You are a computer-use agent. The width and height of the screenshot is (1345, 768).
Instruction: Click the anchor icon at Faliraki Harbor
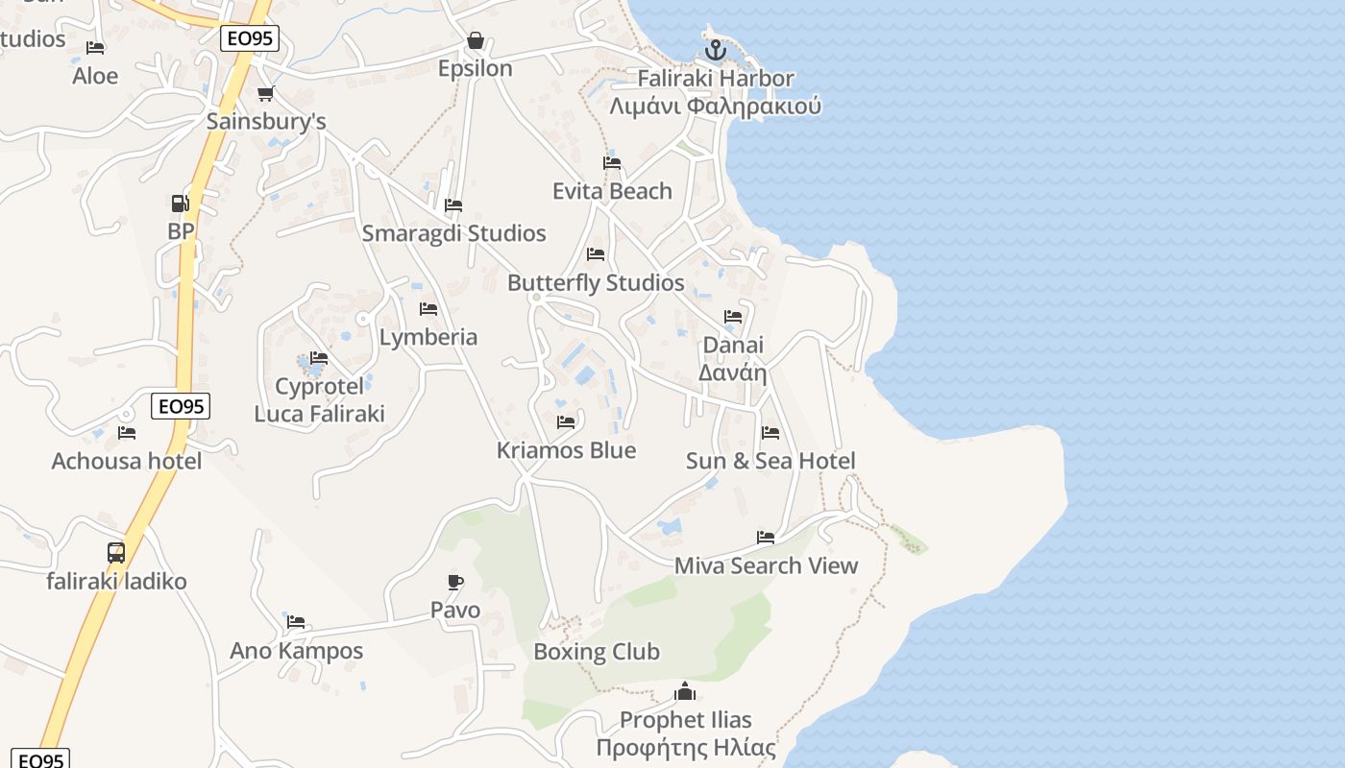pyautogui.click(x=715, y=50)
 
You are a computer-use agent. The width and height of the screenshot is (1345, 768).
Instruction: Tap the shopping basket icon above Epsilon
pyautogui.click(x=475, y=40)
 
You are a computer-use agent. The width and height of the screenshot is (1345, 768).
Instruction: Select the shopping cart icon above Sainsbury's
pyautogui.click(x=265, y=93)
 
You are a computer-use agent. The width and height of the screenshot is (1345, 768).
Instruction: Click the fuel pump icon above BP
pyautogui.click(x=180, y=203)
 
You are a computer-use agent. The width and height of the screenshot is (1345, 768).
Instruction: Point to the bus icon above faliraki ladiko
pyautogui.click(x=116, y=553)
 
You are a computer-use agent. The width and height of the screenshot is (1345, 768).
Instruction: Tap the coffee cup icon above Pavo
pyautogui.click(x=455, y=581)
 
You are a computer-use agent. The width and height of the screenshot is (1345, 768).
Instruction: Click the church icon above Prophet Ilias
pyautogui.click(x=685, y=691)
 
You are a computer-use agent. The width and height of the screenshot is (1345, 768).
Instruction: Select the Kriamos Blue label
pyautogui.click(x=566, y=450)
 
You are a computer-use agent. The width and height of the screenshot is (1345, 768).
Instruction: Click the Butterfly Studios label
pyautogui.click(x=596, y=283)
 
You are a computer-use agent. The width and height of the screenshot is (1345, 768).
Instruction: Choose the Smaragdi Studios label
pyautogui.click(x=453, y=233)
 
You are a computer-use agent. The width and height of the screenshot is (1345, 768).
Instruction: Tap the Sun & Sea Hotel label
pyautogui.click(x=770, y=461)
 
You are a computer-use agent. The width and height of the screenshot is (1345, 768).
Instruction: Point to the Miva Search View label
pyautogui.click(x=766, y=565)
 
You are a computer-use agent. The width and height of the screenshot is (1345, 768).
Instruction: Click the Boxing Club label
pyautogui.click(x=597, y=652)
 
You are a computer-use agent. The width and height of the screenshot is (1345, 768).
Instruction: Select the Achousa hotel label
pyautogui.click(x=127, y=461)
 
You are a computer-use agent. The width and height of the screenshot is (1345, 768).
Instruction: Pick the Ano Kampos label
pyautogui.click(x=296, y=651)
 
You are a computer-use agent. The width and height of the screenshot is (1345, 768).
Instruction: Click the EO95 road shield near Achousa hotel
pyautogui.click(x=181, y=406)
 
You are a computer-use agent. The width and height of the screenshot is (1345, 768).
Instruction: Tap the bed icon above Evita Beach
pyautogui.click(x=612, y=163)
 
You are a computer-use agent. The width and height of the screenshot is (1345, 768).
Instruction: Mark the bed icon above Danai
pyautogui.click(x=733, y=317)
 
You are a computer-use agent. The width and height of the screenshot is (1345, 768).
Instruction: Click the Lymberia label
pyautogui.click(x=428, y=337)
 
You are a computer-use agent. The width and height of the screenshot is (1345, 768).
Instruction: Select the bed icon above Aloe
pyautogui.click(x=95, y=48)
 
